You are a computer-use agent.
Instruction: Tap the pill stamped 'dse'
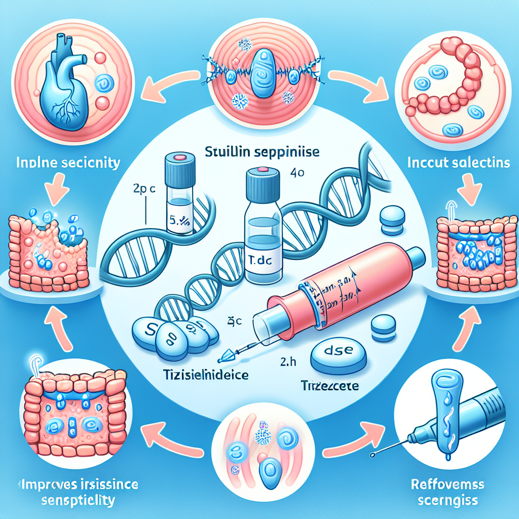coord(337,353)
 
